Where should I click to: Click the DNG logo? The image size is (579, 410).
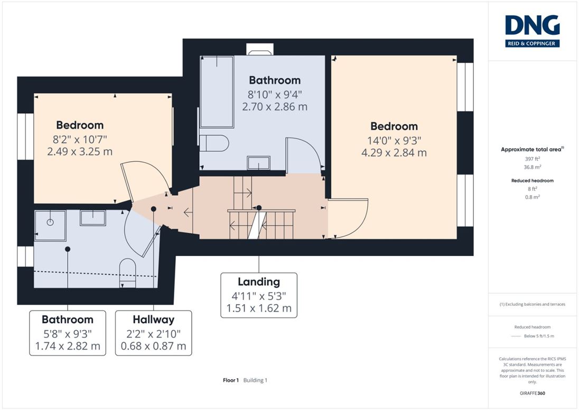(x=532, y=31)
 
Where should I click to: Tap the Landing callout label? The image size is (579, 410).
(x=259, y=295)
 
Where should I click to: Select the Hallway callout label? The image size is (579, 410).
(x=153, y=333)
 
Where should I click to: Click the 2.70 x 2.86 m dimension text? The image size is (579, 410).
(x=275, y=107)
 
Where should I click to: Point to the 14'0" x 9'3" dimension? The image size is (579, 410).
(x=394, y=141)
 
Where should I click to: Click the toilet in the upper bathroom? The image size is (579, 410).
(x=214, y=143)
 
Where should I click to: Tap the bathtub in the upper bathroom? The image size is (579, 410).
(x=217, y=92)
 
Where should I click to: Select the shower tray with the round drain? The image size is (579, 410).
(x=50, y=225)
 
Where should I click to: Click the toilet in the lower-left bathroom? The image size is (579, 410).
(x=128, y=273)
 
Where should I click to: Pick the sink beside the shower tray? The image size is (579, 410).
(x=93, y=218)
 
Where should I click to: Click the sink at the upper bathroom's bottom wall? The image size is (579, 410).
(x=258, y=163)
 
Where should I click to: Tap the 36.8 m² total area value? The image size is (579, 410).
(x=532, y=167)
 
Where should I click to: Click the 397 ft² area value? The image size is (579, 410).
(x=532, y=159)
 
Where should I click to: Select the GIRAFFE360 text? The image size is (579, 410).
(x=532, y=393)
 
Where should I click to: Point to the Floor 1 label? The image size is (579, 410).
(x=231, y=380)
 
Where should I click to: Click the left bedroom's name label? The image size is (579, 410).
(x=80, y=125)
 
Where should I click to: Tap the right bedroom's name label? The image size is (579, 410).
(x=394, y=126)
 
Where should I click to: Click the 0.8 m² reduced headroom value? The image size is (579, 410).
(x=532, y=197)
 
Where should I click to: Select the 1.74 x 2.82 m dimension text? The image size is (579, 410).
(x=68, y=346)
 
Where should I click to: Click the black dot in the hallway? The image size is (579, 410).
(x=154, y=209)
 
